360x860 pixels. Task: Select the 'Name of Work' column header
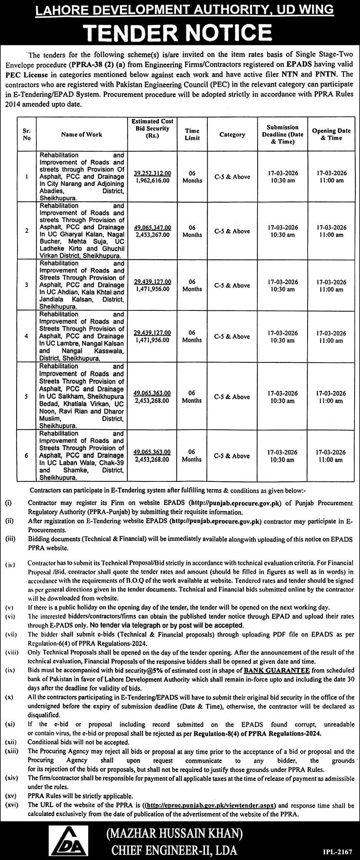82,134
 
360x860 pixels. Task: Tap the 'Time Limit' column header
192,134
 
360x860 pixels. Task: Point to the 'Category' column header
232,134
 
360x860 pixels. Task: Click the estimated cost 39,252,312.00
152,173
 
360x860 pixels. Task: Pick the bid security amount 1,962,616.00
152,181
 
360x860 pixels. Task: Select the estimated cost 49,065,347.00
152,228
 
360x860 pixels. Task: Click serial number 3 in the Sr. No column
27,285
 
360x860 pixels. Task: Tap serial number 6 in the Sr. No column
27,456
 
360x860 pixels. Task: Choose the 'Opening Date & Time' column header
331,134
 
